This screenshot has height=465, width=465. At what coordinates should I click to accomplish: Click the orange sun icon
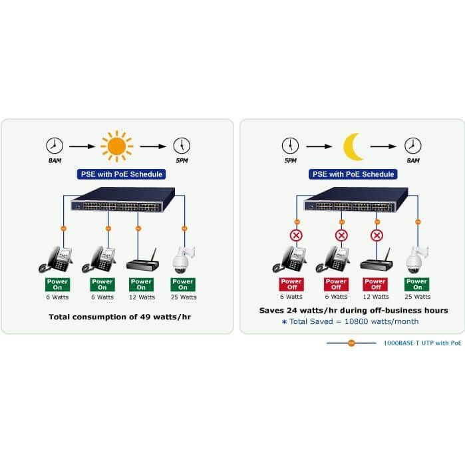click(116, 146)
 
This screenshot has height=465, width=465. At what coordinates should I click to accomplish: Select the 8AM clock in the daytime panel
click(55, 146)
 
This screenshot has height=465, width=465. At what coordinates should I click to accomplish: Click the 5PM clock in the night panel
click(290, 146)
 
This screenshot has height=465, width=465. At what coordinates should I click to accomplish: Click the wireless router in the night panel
click(377, 260)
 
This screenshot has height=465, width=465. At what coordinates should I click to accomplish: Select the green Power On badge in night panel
click(416, 284)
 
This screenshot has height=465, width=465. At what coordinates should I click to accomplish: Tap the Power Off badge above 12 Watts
click(375, 284)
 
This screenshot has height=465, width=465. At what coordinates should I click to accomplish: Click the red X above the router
click(377, 235)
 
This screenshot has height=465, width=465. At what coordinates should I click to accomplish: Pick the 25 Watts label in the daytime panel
click(184, 297)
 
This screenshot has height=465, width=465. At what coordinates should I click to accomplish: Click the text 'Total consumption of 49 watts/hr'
click(120, 317)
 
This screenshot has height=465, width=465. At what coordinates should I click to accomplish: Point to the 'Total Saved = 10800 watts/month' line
click(350, 321)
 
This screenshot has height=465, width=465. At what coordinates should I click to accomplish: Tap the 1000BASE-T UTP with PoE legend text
click(422, 343)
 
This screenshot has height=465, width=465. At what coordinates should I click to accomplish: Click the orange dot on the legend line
click(351, 343)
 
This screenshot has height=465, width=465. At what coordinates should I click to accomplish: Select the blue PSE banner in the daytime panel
click(121, 174)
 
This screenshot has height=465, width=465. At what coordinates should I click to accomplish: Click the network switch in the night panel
click(356, 200)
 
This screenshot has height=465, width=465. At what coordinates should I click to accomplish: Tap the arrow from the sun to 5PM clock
click(153, 146)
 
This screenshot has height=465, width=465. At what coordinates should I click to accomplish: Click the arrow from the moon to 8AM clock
click(383, 146)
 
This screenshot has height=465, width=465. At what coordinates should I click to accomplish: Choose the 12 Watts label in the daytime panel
click(142, 297)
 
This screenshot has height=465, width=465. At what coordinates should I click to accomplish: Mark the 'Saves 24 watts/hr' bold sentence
click(353, 311)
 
